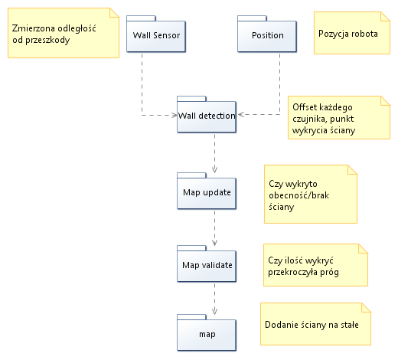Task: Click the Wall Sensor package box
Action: tap(156, 34)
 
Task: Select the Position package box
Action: tap(267, 34)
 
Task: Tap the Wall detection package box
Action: tap(207, 114)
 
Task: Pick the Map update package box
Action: tap(207, 191)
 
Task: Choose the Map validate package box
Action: tap(207, 263)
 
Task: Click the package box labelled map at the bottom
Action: tap(207, 332)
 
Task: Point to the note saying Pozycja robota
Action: tap(352, 33)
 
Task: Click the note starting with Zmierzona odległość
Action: tap(64, 33)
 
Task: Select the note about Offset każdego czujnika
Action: tap(339, 118)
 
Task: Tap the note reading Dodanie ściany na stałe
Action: tap(315, 324)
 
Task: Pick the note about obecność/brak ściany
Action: tap(311, 195)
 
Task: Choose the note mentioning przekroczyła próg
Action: tap(315, 265)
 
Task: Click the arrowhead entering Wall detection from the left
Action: tap(175, 116)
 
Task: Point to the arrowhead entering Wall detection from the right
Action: tap(241, 114)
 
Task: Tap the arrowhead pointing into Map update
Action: tap(214, 169)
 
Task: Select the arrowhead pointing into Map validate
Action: tap(214, 243)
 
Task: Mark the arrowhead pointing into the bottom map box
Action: tap(214, 311)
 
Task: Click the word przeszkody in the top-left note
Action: tap(47, 40)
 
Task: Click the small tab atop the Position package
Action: tap(252, 18)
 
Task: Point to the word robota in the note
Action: tap(364, 34)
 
